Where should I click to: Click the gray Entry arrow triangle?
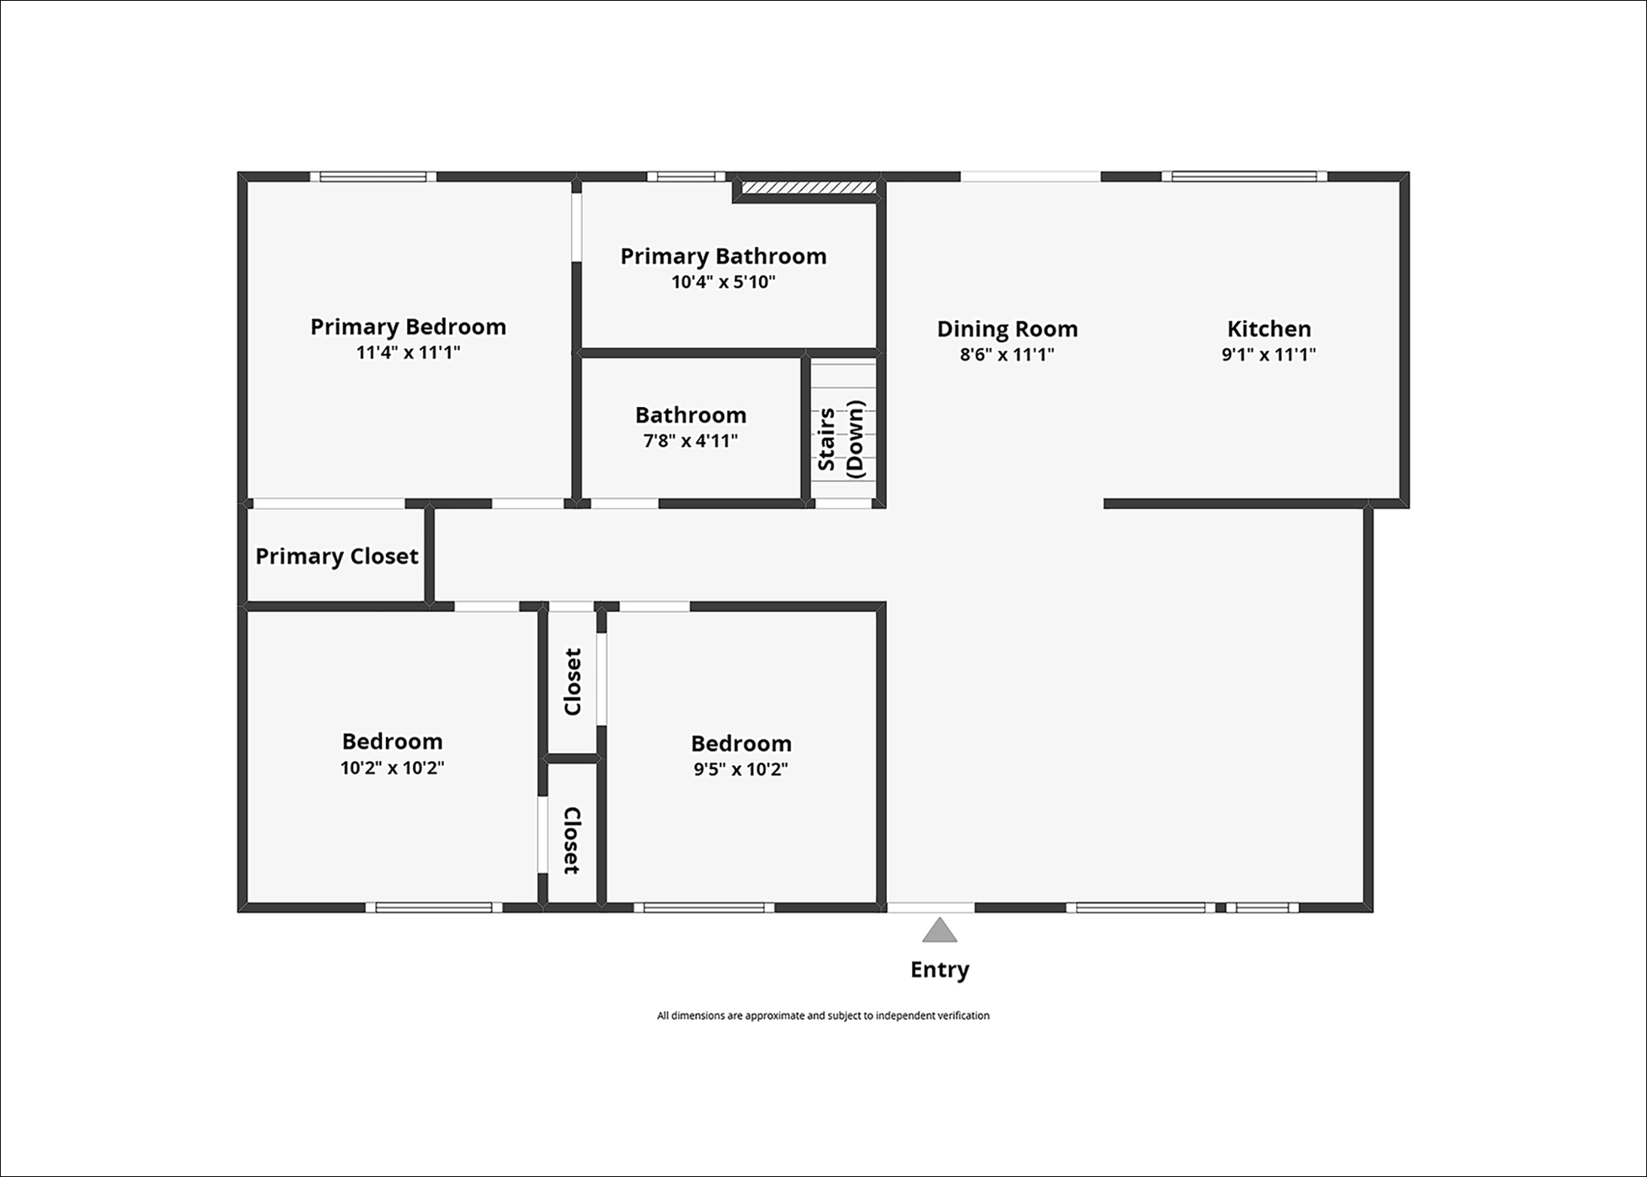click(x=939, y=932)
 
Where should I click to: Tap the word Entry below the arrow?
click(x=939, y=969)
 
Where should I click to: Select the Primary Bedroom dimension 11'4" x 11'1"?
click(x=408, y=352)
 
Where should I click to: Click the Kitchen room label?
click(x=1268, y=328)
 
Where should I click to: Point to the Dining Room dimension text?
click(x=1006, y=355)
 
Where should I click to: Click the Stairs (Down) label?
click(x=840, y=439)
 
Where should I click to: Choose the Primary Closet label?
click(x=336, y=556)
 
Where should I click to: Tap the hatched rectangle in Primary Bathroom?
click(x=807, y=188)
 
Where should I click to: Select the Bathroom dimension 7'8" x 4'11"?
click(x=690, y=441)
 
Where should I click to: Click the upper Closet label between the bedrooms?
click(x=573, y=681)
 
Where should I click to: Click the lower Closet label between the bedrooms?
click(x=571, y=840)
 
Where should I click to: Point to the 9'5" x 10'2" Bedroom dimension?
click(x=741, y=769)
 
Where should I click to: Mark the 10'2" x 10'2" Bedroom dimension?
click(x=392, y=768)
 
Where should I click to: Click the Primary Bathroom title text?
click(x=723, y=256)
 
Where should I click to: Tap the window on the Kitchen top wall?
click(x=1243, y=176)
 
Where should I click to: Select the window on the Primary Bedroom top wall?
click(x=373, y=176)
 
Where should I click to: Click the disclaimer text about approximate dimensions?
click(x=823, y=1015)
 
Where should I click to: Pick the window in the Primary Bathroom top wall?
click(x=686, y=177)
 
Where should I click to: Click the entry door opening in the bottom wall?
click(x=930, y=907)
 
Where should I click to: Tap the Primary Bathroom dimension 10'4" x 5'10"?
click(x=723, y=282)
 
